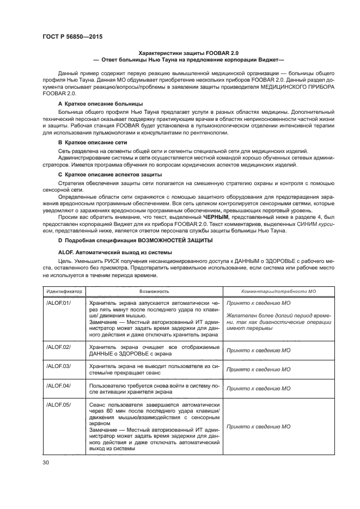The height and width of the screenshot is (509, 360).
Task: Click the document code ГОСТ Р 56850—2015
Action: pyautogui.click(x=72, y=36)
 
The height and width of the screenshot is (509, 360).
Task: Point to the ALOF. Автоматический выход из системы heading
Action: pyautogui.click(x=114, y=253)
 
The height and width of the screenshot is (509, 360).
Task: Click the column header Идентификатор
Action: pyautogui.click(x=64, y=291)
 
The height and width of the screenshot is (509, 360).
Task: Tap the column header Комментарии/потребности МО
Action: pyautogui.click(x=278, y=291)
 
